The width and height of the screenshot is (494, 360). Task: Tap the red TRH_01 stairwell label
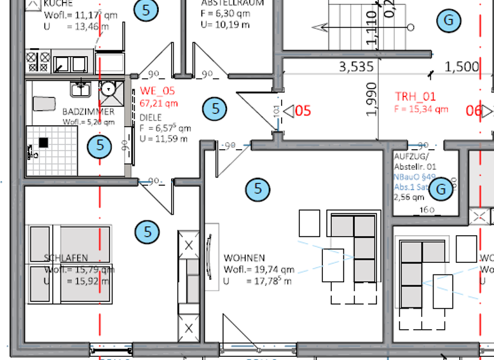415,97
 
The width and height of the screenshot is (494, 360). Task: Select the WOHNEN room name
244,258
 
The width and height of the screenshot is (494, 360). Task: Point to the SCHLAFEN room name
66,258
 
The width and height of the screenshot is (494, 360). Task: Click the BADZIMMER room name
88,112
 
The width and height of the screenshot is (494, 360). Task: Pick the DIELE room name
151,118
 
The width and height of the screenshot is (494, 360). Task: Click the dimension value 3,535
356,66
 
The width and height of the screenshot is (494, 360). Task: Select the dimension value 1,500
462,66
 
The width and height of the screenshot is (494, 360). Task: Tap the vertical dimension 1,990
371,100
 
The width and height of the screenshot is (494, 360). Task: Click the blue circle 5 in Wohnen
259,189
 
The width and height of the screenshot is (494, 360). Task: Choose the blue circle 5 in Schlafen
148,231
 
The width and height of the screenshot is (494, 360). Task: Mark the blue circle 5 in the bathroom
100,145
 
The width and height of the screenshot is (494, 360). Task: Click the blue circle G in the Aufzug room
441,189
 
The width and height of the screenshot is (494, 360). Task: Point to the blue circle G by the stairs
448,20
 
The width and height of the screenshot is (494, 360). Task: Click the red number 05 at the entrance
303,111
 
